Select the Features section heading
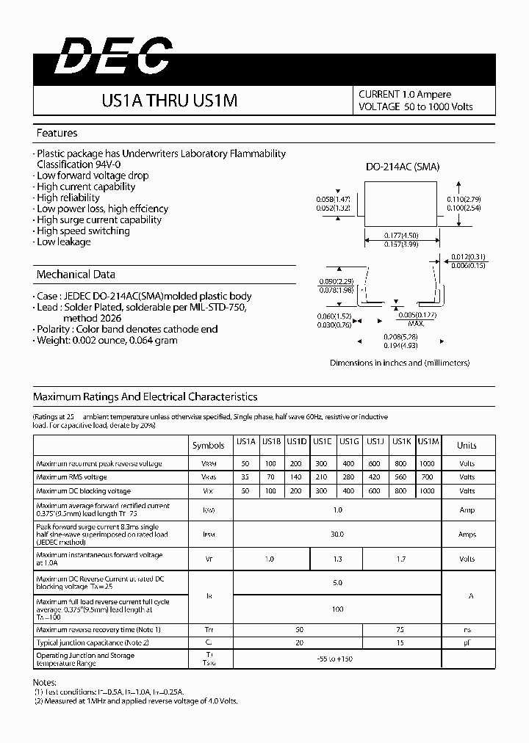[57, 133]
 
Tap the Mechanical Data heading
[76, 275]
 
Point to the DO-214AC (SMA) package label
[403, 167]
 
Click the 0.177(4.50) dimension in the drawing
[402, 236]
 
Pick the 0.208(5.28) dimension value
[401, 337]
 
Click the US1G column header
[349, 441]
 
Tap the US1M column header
[428, 441]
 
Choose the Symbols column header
[209, 446]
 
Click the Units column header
[467, 446]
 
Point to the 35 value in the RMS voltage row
[245, 477]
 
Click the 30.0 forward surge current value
[337, 534]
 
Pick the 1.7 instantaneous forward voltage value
[401, 559]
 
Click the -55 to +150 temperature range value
[337, 659]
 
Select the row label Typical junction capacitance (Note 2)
[93, 642]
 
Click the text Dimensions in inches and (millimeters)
[399, 363]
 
